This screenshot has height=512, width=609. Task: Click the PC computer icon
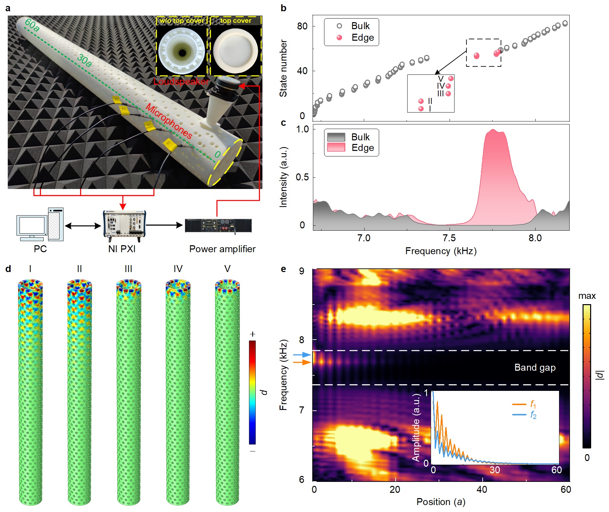click(x=40, y=224)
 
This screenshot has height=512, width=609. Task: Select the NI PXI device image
click(x=124, y=225)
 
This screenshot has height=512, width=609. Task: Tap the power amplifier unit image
click(x=218, y=225)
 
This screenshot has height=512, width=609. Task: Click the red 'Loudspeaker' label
click(x=181, y=81)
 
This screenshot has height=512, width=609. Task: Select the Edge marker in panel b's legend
click(x=339, y=38)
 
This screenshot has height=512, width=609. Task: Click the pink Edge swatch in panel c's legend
click(x=336, y=148)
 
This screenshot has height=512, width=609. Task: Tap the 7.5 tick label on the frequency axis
click(x=449, y=238)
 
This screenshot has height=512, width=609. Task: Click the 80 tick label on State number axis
click(x=302, y=26)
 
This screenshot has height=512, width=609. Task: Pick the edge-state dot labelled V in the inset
click(x=451, y=78)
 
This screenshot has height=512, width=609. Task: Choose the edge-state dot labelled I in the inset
click(x=421, y=109)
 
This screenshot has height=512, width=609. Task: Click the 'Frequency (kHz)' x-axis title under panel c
click(x=441, y=251)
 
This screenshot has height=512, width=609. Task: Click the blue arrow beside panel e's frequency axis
click(x=302, y=355)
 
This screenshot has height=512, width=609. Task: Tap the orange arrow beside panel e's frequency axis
click(x=302, y=362)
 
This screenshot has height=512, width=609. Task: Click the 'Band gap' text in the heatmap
click(x=535, y=367)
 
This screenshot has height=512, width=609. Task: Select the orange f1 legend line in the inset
click(x=519, y=404)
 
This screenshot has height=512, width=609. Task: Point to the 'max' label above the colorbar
click(x=587, y=296)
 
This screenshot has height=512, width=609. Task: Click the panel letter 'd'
click(x=8, y=269)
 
